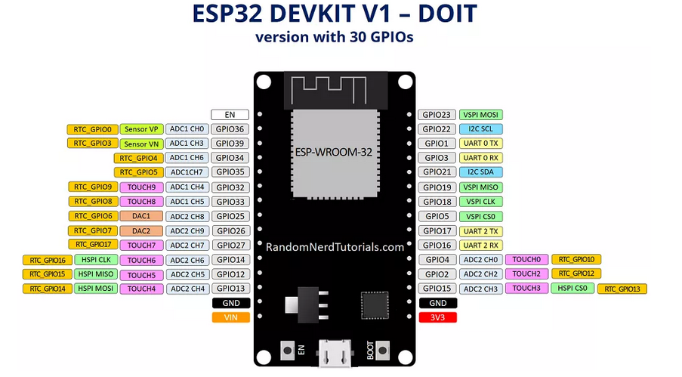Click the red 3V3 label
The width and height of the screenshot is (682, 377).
437,317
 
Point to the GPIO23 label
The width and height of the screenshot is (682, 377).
437,115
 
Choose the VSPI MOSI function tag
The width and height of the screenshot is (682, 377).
480,115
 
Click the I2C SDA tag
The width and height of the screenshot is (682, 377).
480,172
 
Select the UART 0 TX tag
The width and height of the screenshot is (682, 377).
480,144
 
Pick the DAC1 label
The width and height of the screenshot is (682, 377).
141,216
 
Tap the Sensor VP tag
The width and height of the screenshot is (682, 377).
141,129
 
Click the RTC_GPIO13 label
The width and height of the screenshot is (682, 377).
622,289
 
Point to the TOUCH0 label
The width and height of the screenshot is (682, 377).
526,260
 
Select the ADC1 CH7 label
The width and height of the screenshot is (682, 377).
187,172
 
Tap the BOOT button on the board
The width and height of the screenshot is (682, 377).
382,351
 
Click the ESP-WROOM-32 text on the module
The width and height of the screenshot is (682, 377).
335,152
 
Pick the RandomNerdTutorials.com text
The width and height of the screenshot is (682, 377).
335,246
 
